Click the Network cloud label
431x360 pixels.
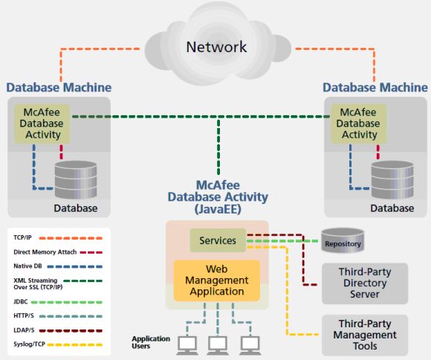coord(216,47)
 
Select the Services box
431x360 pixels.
coord(218,240)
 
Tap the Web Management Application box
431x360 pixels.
coord(217,280)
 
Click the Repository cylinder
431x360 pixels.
coord(343,240)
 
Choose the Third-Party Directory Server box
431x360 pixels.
coord(365,283)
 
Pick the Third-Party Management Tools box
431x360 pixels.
coord(365,335)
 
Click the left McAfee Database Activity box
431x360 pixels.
coord(42,123)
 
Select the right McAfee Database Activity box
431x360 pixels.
coord(358,123)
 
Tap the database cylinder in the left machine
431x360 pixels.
coord(76,180)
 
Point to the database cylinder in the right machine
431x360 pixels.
coord(392,180)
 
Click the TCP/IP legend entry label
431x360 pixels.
coord(22,237)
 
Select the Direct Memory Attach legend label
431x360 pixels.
coord(45,252)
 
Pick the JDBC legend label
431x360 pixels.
coord(21,302)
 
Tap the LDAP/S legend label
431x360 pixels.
coord(24,330)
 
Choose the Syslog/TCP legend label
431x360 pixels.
coord(29,344)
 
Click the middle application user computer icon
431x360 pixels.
coord(218,345)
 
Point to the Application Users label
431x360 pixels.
coord(151,342)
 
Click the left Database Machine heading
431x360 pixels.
coord(59,88)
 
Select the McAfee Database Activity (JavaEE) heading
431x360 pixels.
coord(218,197)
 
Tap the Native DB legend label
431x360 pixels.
coord(27,266)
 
